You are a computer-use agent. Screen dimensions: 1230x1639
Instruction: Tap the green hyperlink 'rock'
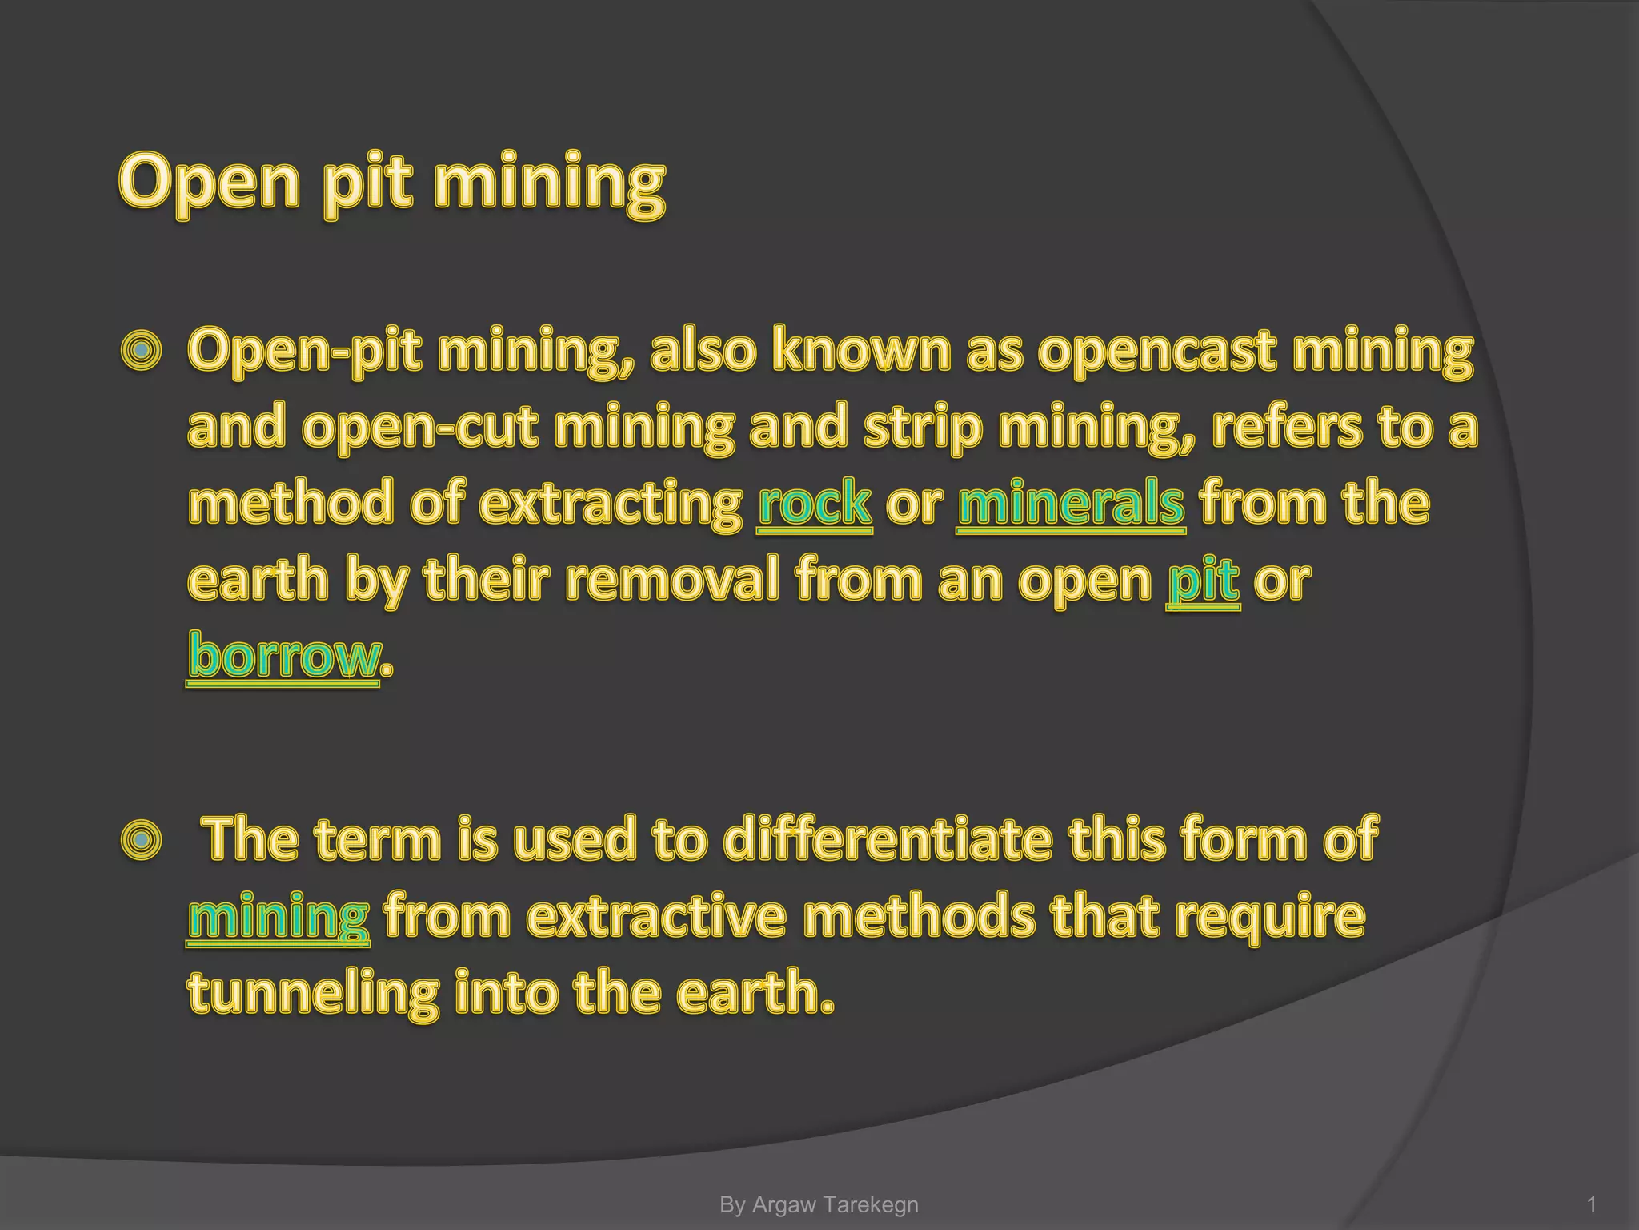pyautogui.click(x=815, y=503)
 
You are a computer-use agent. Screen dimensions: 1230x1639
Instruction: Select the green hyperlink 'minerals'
pyautogui.click(x=1071, y=503)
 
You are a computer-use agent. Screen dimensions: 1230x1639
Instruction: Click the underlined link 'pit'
pyautogui.click(x=1203, y=580)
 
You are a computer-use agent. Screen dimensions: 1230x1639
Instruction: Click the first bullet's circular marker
pyautogui.click(x=142, y=351)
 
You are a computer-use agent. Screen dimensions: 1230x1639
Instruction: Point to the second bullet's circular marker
pyautogui.click(x=142, y=840)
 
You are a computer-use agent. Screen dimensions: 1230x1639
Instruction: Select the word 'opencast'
pyautogui.click(x=1157, y=351)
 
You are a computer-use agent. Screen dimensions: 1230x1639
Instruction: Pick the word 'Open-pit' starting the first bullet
pyautogui.click(x=304, y=351)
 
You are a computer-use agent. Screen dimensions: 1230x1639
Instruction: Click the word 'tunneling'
pyautogui.click(x=313, y=993)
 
